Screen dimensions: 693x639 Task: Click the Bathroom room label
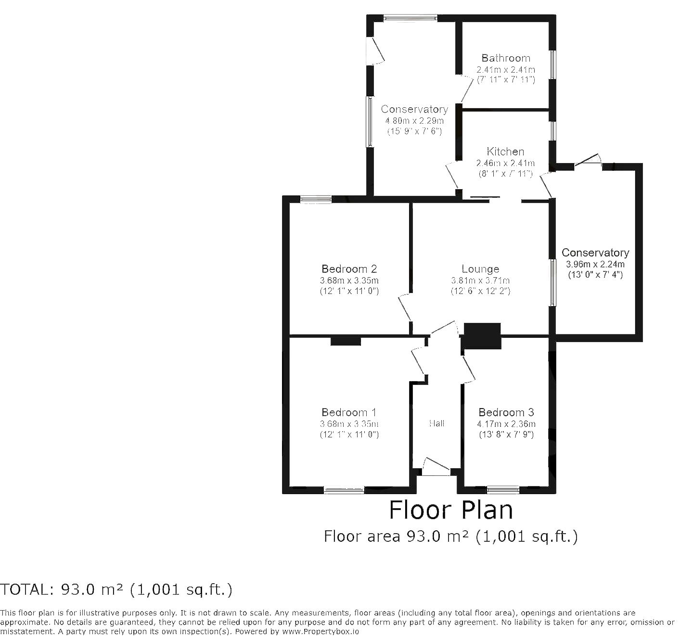pos(506,58)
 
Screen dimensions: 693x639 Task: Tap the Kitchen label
pos(505,152)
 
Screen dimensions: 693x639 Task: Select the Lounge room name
pos(480,268)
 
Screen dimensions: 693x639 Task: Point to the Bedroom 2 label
pos(349,268)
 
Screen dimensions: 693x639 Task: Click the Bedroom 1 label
pos(349,412)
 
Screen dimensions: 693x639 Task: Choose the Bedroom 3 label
pos(506,412)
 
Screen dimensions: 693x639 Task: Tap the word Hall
pos(436,423)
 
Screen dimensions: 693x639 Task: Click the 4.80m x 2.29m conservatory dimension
pos(414,121)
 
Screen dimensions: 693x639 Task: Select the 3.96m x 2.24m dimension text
pos(595,264)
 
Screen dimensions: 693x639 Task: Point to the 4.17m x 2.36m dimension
pos(506,424)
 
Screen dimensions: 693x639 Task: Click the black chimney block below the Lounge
pos(482,336)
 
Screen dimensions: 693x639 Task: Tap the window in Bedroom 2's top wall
pos(316,200)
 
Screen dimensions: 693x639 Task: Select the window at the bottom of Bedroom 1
pos(344,490)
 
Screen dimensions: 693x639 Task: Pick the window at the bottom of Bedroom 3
pos(503,490)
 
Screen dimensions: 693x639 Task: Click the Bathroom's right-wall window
pos(553,64)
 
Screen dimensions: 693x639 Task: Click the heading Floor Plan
pos(451,510)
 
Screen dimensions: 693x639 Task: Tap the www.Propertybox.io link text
pos(319,631)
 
